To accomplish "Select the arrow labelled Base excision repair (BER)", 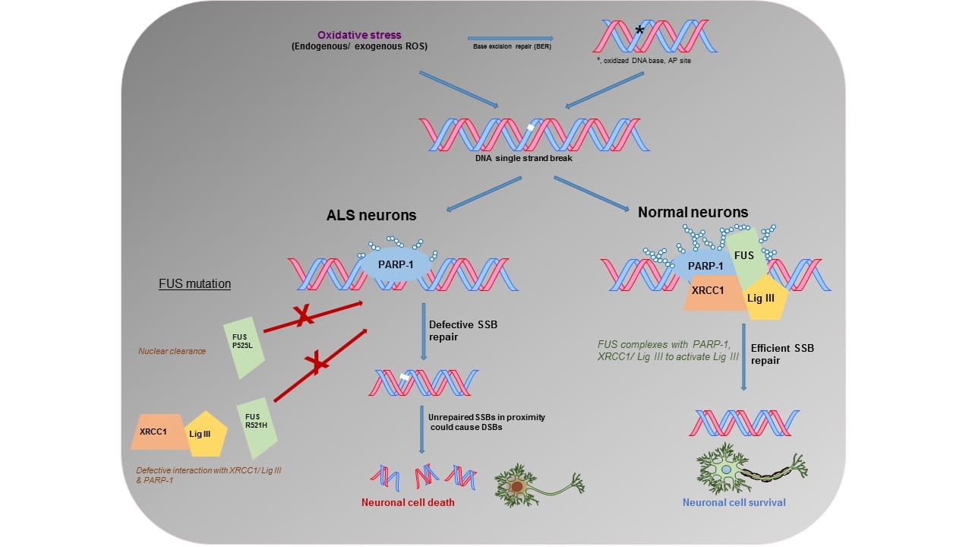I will [x=510, y=40].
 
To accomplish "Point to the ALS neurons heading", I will [x=371, y=215].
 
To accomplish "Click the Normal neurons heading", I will [x=693, y=212].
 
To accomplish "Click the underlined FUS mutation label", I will [x=194, y=284].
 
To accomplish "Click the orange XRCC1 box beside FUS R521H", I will [x=157, y=432].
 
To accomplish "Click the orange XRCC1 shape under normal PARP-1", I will [x=711, y=292].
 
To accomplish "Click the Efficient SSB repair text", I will [x=782, y=354].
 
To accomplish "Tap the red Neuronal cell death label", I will [x=408, y=502].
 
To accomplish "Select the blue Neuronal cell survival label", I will [x=734, y=502].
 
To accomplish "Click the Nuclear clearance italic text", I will [x=172, y=352].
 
